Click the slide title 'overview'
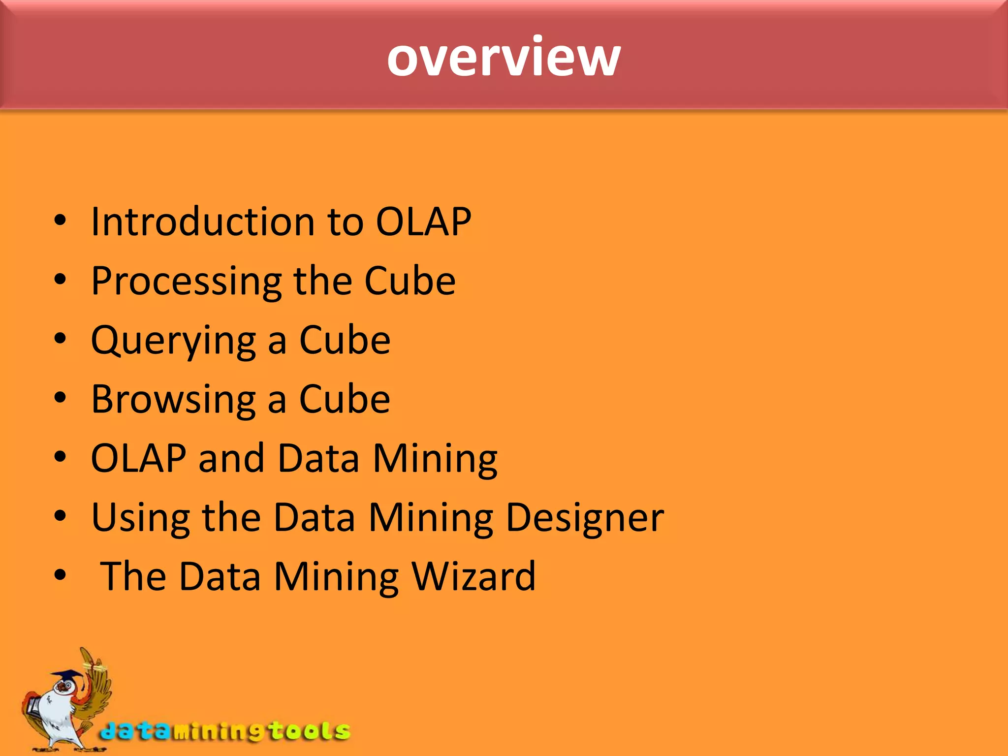pyautogui.click(x=504, y=58)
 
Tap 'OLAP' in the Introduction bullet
pyautogui.click(x=423, y=221)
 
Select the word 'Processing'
pyautogui.click(x=187, y=282)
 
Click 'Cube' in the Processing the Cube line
pyautogui.click(x=409, y=281)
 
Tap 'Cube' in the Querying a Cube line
pyautogui.click(x=345, y=340)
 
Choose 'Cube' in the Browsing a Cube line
pyautogui.click(x=345, y=399)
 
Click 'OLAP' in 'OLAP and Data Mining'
pyautogui.click(x=138, y=458)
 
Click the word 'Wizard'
pyautogui.click(x=473, y=576)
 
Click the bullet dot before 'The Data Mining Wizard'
pyautogui.click(x=60, y=575)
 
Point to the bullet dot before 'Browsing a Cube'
pyautogui.click(x=60, y=398)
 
